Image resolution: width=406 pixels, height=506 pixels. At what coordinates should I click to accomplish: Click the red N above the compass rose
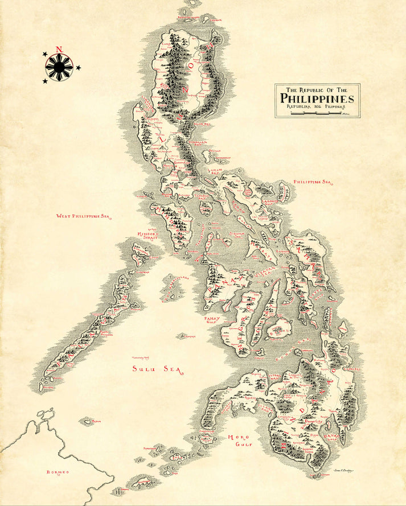click(59, 50)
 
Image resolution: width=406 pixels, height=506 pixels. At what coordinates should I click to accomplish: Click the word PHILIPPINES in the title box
click(317, 98)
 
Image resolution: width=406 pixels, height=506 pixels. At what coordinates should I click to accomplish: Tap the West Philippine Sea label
click(82, 216)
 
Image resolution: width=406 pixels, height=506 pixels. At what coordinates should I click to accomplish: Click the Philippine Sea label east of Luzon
click(311, 182)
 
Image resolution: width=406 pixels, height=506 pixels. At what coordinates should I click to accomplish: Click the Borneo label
click(58, 472)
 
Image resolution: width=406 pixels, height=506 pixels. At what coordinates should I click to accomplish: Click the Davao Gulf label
click(330, 437)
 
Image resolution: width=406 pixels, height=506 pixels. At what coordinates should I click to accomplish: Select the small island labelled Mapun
click(88, 422)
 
